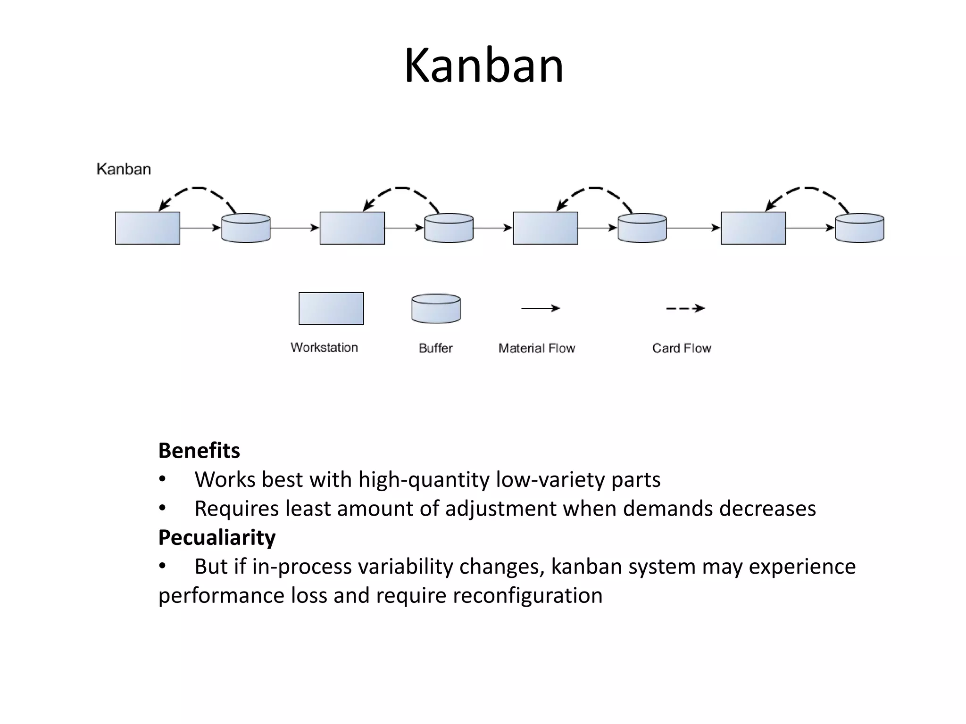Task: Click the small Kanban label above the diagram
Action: [124, 169]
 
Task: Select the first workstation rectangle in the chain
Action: [148, 228]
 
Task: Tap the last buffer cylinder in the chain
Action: [859, 229]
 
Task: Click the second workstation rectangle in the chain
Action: [352, 228]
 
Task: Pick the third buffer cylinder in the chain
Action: [642, 229]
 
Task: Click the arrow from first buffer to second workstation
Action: [295, 228]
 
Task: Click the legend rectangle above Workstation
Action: [331, 309]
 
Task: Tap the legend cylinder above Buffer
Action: [436, 309]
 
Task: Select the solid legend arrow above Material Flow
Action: [540, 308]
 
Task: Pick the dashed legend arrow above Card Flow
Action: [685, 308]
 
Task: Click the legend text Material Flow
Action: [537, 348]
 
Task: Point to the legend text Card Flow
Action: [682, 348]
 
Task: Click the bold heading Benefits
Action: [199, 451]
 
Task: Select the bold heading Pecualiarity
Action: [217, 537]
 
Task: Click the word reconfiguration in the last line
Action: [527, 596]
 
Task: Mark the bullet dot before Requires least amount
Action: [162, 508]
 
